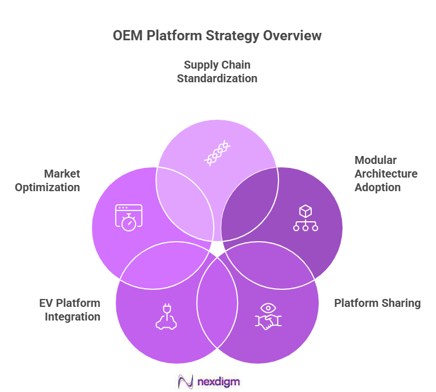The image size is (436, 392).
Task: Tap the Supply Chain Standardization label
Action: coord(217,71)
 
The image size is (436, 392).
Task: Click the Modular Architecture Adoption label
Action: coord(386,174)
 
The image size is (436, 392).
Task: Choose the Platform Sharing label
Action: coord(377,303)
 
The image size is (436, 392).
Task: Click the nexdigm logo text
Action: coord(219,381)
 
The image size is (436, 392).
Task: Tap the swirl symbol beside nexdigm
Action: coord(185,381)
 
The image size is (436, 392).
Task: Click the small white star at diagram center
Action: coord(217,248)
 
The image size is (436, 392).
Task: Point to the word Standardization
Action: coord(217,78)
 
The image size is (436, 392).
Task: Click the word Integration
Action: coord(73,317)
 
